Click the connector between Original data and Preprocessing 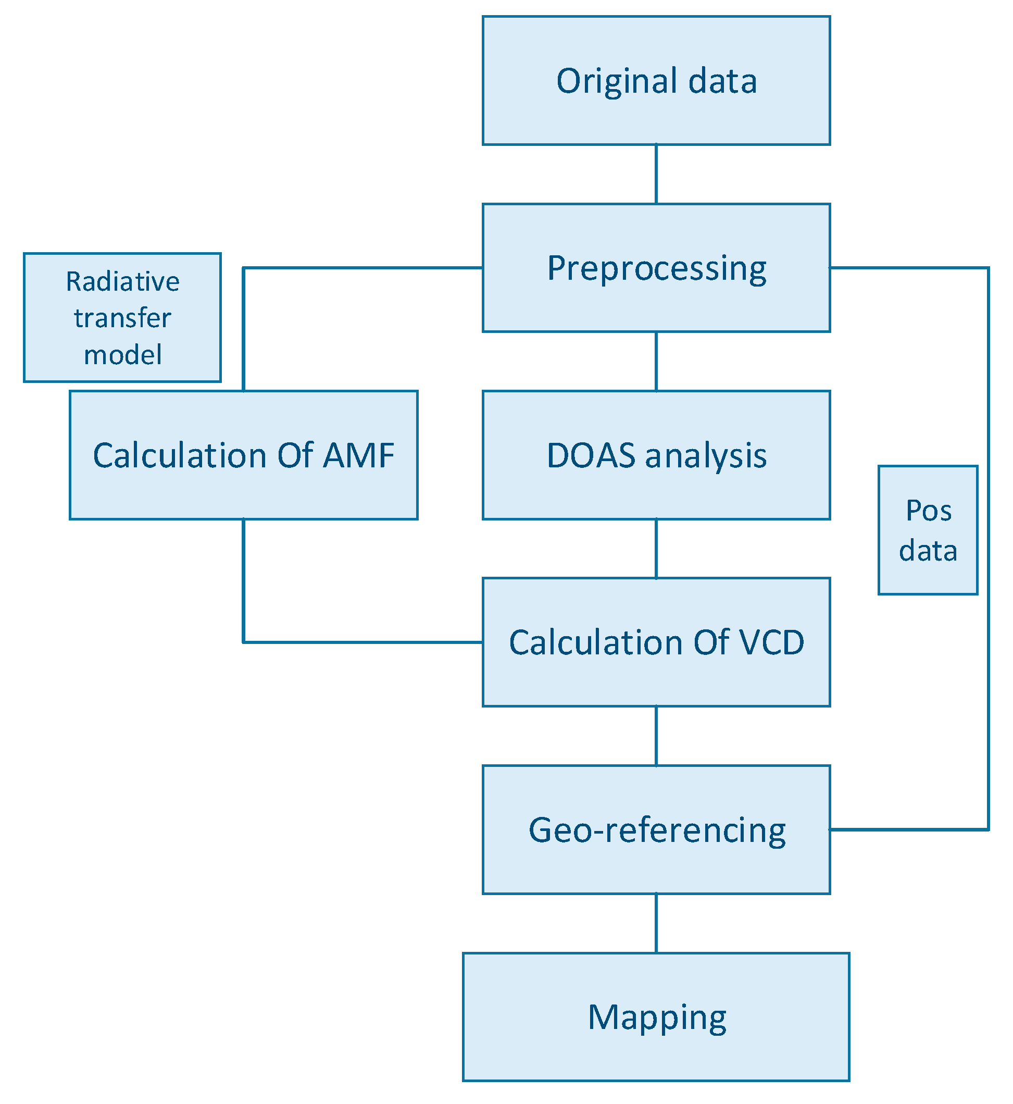click(x=656, y=174)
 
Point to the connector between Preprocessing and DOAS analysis click(x=656, y=362)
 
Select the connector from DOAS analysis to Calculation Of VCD click(x=656, y=549)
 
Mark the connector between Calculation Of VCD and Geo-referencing click(x=656, y=736)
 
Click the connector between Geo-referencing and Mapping click(x=656, y=924)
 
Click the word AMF click(x=358, y=455)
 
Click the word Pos click(x=928, y=511)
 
